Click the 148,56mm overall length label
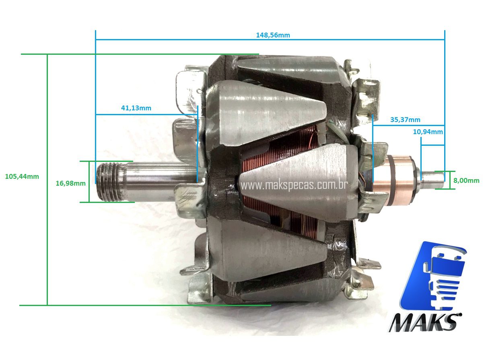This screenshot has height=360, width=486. pyautogui.click(x=273, y=35)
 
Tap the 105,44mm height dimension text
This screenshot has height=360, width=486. pyautogui.click(x=22, y=176)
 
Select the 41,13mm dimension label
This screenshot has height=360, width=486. pyautogui.click(x=136, y=108)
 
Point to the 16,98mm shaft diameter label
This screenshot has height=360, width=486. pyautogui.click(x=70, y=183)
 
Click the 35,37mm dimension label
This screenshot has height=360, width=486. pyautogui.click(x=405, y=120)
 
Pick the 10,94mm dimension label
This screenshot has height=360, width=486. pyautogui.click(x=428, y=132)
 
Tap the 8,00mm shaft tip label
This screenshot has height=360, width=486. pyautogui.click(x=466, y=180)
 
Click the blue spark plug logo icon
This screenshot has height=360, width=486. pyautogui.click(x=437, y=274)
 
